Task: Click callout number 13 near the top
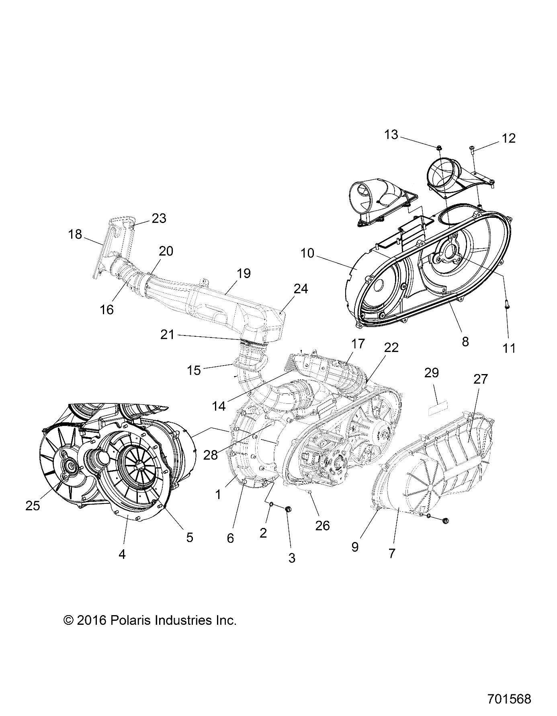coord(391,135)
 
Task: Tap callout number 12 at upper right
coord(508,138)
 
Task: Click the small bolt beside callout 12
coord(472,150)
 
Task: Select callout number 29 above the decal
coord(431,373)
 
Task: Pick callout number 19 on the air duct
coord(244,273)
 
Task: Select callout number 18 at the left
coord(75,234)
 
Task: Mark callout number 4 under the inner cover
coord(122,554)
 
